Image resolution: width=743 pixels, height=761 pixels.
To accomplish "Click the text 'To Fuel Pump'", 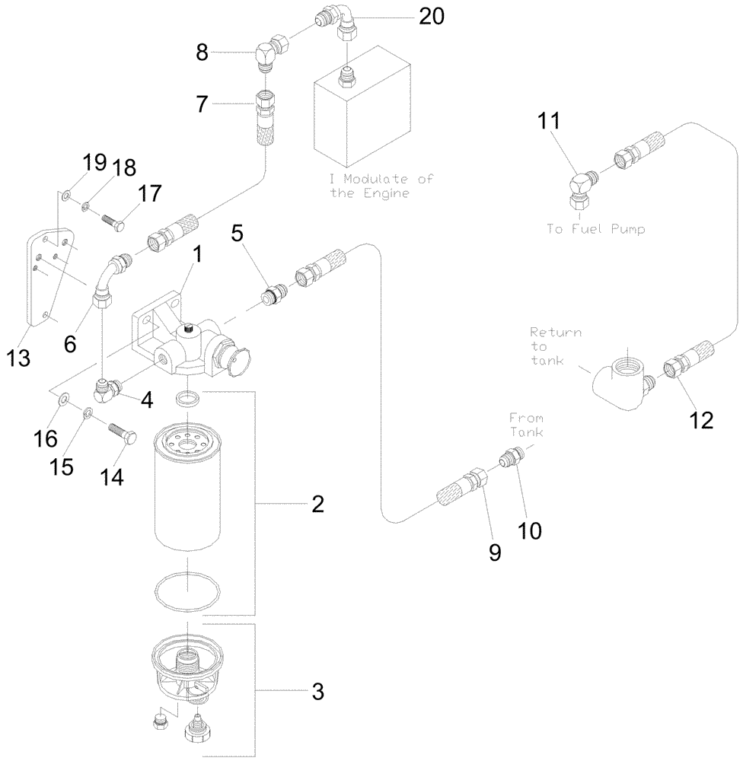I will (595, 228).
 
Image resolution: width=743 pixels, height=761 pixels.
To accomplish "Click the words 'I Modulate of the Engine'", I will (381, 186).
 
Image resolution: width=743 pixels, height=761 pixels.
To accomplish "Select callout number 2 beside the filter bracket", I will (317, 503).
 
